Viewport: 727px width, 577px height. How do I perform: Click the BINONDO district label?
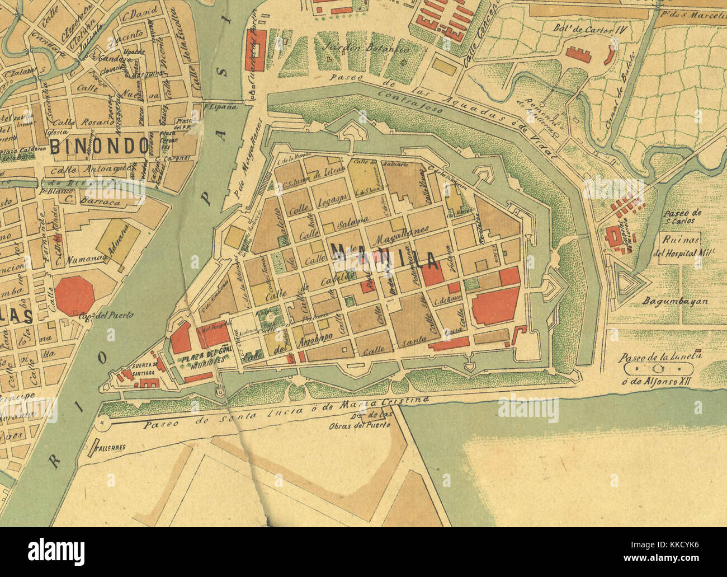[100, 147]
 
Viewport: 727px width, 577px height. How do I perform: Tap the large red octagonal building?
[76, 295]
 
